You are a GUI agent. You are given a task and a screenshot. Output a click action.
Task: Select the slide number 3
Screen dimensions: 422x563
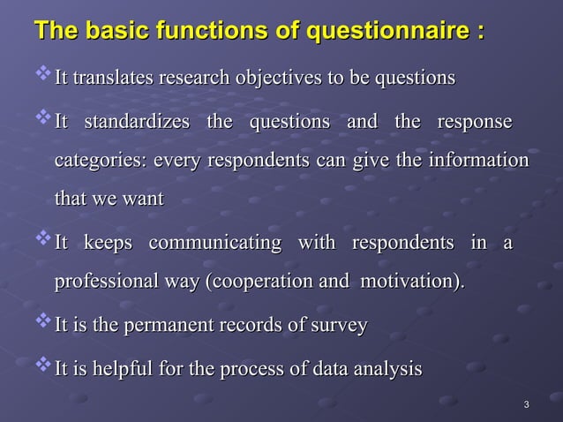(x=526, y=405)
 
